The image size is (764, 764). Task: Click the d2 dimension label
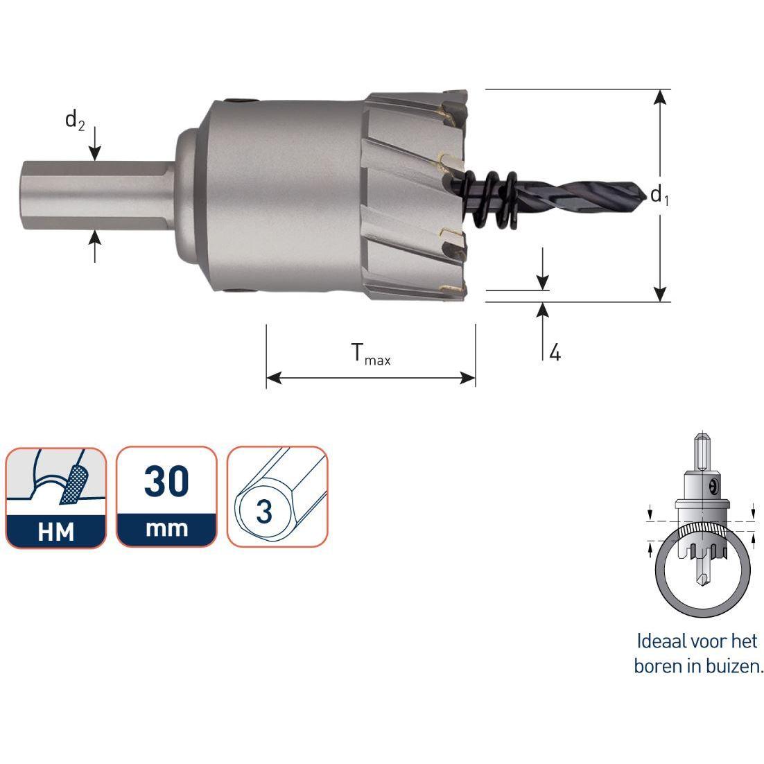(75, 120)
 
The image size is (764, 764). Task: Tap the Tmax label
(371, 354)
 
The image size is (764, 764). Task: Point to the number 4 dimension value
(555, 351)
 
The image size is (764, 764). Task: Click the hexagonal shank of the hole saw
(98, 195)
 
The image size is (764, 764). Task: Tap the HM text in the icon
(56, 532)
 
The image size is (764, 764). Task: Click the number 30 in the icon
(166, 481)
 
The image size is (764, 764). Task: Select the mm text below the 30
(166, 529)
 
